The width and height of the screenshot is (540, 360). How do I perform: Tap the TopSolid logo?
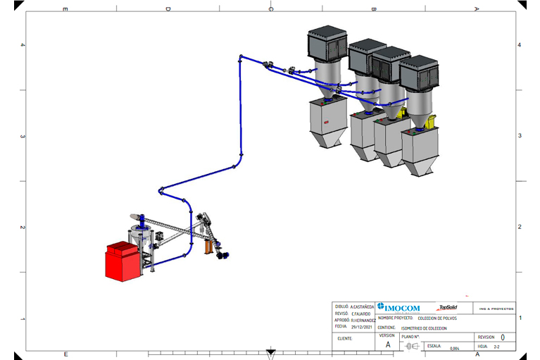click(x=447, y=307)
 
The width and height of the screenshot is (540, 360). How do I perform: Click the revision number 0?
click(x=502, y=337)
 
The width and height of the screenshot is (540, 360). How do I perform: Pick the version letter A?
click(x=387, y=345)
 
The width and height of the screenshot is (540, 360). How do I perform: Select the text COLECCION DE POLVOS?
click(x=437, y=318)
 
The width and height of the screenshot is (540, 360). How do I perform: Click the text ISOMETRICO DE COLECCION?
click(x=423, y=328)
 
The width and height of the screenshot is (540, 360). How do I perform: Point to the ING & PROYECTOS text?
click(x=496, y=309)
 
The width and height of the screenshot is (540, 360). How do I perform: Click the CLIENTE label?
click(x=345, y=338)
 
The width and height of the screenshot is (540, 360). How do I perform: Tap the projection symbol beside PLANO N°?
click(x=411, y=346)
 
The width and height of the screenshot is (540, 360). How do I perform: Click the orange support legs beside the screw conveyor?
click(x=208, y=247)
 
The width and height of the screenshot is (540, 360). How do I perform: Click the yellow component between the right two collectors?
click(x=402, y=113)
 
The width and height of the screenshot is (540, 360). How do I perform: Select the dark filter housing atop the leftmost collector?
click(x=327, y=44)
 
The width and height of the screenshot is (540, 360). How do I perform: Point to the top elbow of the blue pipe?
click(x=241, y=56)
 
